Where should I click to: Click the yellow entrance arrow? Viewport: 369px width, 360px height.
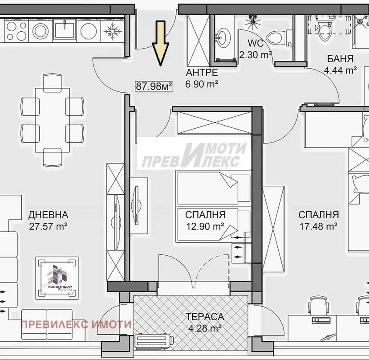click(160, 44)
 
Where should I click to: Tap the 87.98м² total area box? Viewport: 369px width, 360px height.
click(154, 86)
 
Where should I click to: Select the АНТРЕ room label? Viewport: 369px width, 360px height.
click(202, 73)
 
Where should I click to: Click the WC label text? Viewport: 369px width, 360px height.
click(255, 43)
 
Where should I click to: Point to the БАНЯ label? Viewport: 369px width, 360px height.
click(340, 59)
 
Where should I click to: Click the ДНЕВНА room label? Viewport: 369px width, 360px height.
click(48, 215)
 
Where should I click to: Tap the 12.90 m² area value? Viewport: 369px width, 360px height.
click(205, 226)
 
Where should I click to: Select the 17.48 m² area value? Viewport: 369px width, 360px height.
click(319, 226)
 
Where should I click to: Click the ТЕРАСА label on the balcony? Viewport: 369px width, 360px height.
click(205, 317)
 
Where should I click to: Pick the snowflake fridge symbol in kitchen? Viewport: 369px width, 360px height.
click(113, 31)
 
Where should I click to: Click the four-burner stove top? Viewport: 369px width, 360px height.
click(16, 31)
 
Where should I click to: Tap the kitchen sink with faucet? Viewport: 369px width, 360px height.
click(65, 29)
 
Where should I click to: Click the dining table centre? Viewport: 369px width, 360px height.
click(52, 120)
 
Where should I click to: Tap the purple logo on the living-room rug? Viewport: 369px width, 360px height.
click(57, 278)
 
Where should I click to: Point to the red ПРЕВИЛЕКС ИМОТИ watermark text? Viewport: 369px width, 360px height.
click(76, 325)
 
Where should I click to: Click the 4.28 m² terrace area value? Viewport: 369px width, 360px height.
click(205, 328)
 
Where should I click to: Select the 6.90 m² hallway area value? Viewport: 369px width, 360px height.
click(202, 84)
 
